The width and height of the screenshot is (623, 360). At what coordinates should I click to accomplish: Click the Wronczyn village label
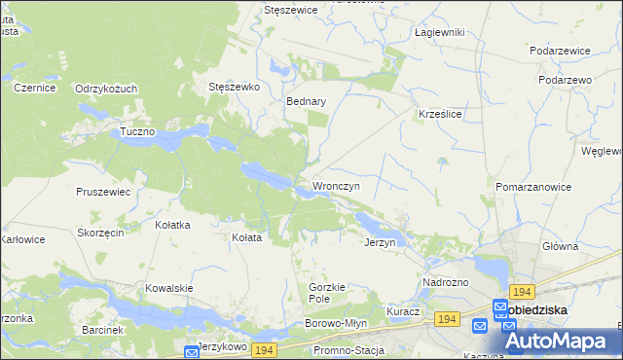point(336,186)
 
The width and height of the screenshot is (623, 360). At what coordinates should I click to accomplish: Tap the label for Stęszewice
point(294,10)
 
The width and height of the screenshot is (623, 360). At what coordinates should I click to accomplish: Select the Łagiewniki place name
point(439,32)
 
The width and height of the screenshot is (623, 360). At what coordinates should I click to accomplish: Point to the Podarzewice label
point(562,50)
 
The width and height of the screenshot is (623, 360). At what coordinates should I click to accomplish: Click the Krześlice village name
point(439,114)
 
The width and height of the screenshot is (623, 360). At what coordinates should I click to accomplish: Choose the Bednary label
point(305,100)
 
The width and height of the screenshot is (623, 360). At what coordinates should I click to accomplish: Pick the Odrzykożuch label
point(106,89)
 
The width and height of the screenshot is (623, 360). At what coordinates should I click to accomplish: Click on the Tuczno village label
point(138,131)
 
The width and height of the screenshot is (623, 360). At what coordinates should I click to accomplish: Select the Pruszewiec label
point(103,192)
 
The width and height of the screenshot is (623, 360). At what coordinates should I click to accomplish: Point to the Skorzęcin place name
point(100,234)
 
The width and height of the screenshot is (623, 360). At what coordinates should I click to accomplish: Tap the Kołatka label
point(172,225)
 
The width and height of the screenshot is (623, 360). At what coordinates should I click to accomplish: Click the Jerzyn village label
point(380,242)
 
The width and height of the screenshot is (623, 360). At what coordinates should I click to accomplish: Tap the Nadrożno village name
point(446,282)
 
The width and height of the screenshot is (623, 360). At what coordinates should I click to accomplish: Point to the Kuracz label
point(402,311)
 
